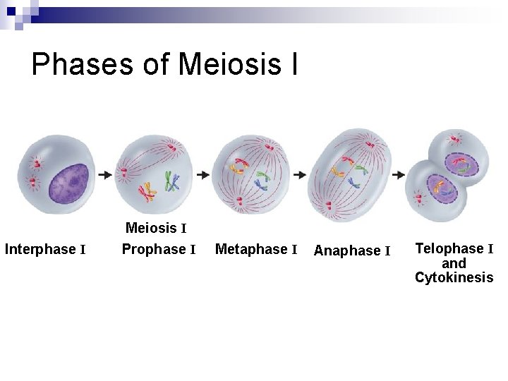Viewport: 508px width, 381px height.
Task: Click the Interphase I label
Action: pyautogui.click(x=45, y=250)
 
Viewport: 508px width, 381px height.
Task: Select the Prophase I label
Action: pyautogui.click(x=158, y=250)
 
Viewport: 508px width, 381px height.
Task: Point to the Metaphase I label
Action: pyautogui.click(x=255, y=250)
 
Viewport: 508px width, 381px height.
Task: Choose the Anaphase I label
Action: pyautogui.click(x=351, y=251)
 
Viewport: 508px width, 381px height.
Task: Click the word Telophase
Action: pyautogui.click(x=449, y=248)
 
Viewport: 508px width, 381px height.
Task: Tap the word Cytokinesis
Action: pyautogui.click(x=454, y=277)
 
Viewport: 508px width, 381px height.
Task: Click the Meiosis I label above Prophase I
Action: pyautogui.click(x=155, y=229)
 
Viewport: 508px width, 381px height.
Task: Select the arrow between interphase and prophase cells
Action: pyautogui.click(x=104, y=174)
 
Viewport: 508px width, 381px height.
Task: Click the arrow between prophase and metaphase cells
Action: pyautogui.click(x=202, y=174)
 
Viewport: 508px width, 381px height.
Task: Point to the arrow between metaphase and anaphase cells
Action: pyautogui.click(x=298, y=174)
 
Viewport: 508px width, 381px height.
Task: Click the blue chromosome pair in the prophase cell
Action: pyautogui.click(x=171, y=183)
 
